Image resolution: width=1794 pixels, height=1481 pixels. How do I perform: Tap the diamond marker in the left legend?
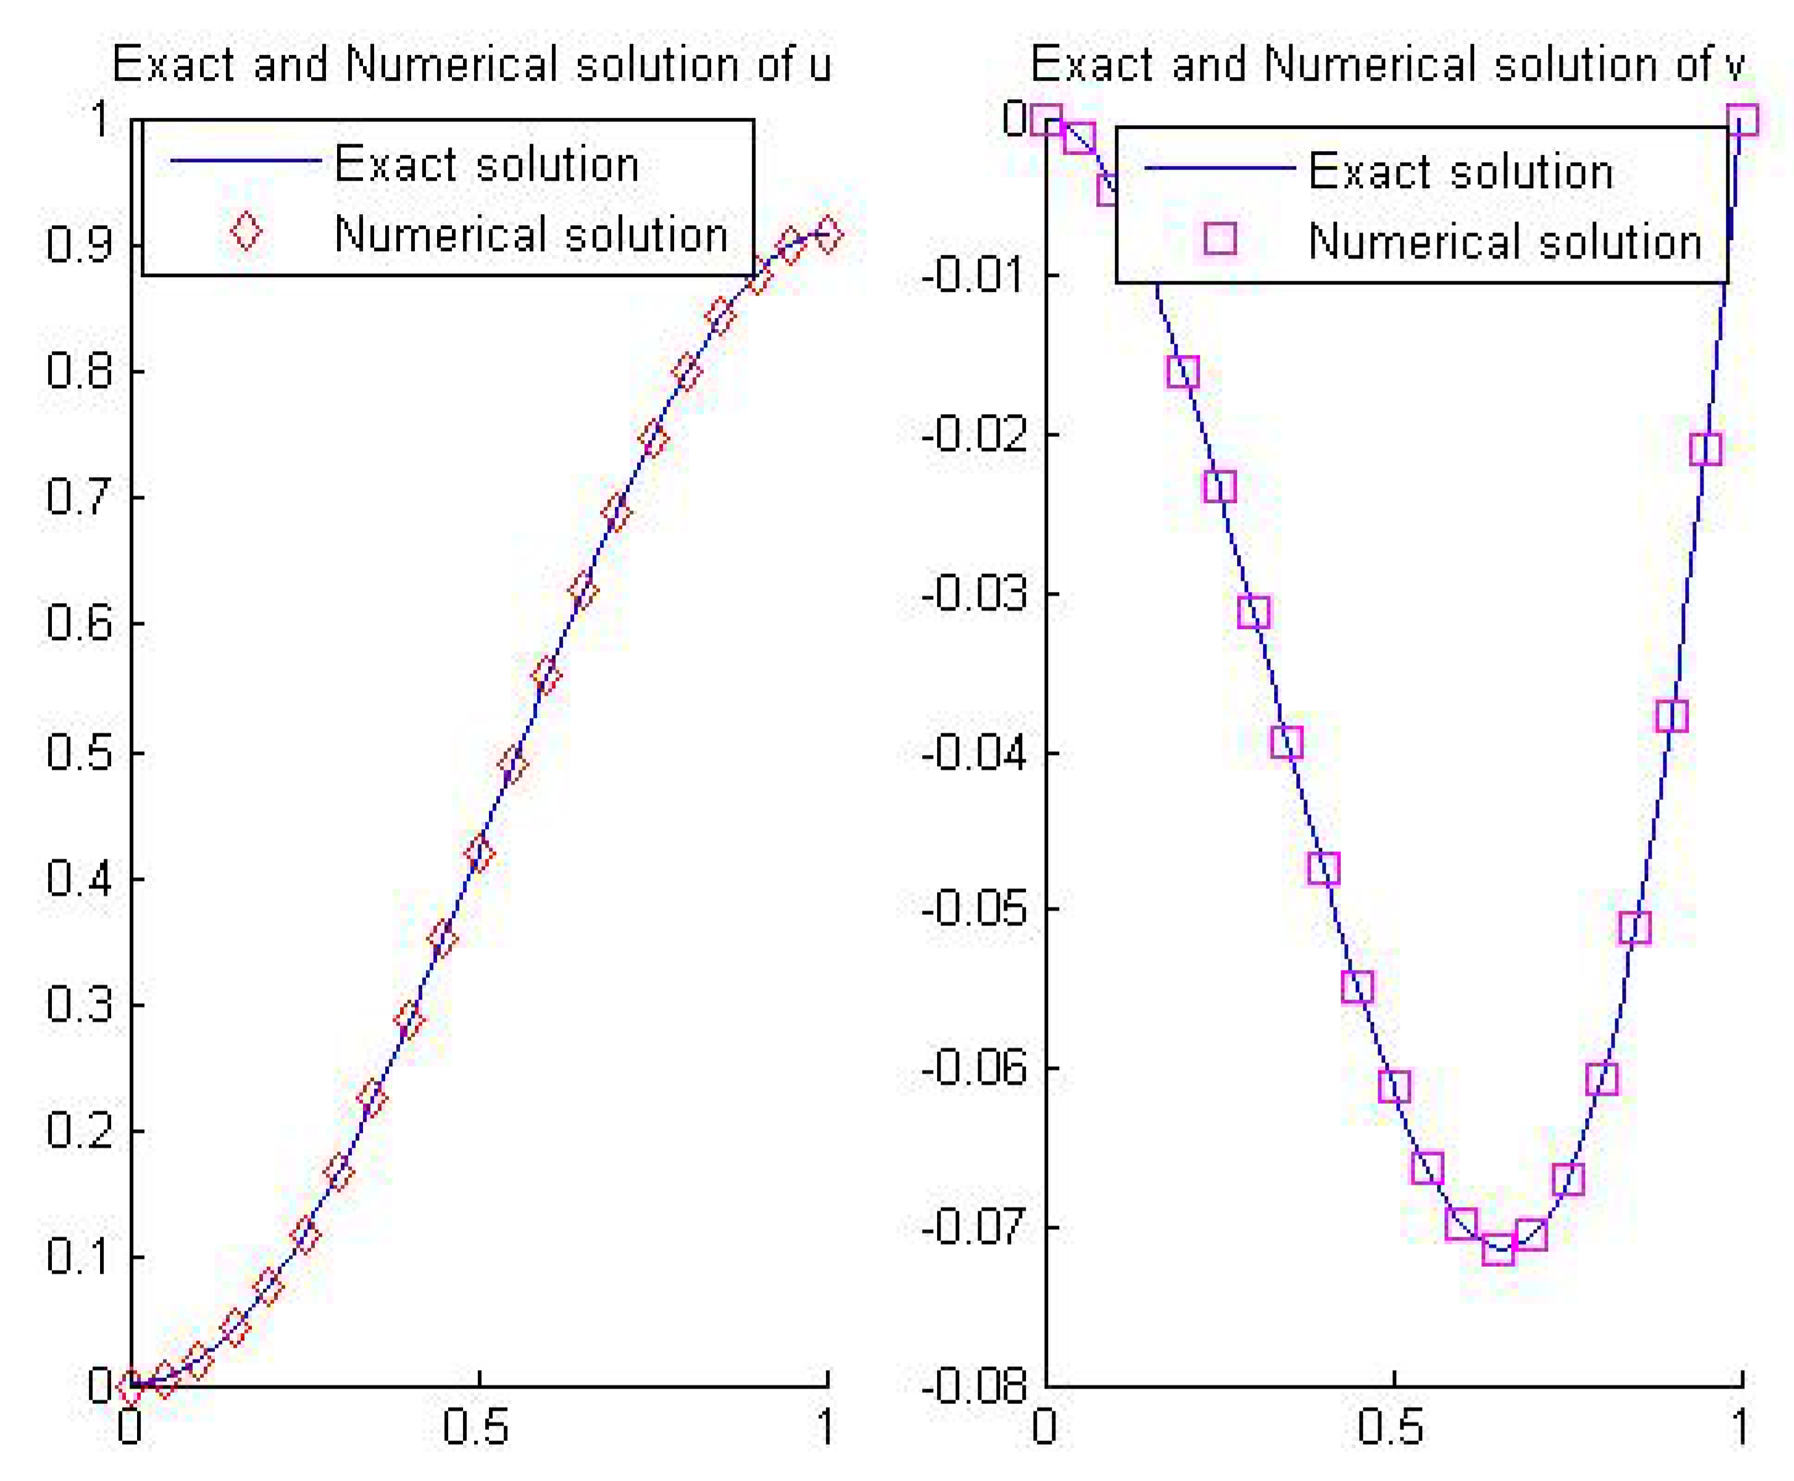tap(246, 232)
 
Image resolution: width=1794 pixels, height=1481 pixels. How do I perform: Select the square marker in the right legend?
tap(1220, 239)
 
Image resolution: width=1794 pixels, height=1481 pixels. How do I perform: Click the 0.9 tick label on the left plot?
tap(79, 244)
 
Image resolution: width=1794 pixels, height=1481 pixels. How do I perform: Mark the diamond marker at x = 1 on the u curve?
tap(827, 234)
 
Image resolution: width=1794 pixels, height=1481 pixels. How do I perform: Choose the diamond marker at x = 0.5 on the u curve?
tap(479, 852)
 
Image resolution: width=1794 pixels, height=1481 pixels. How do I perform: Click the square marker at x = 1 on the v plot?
tap(1742, 120)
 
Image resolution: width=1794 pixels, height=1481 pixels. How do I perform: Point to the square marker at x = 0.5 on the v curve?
tap(1394, 1086)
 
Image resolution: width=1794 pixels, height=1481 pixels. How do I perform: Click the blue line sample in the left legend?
tap(246, 162)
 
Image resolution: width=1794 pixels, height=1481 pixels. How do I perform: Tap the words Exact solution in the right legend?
tap(1461, 170)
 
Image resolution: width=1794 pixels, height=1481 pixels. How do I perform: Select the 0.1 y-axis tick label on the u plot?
tap(79, 1256)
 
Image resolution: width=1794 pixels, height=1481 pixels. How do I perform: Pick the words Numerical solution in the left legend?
tap(530, 234)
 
